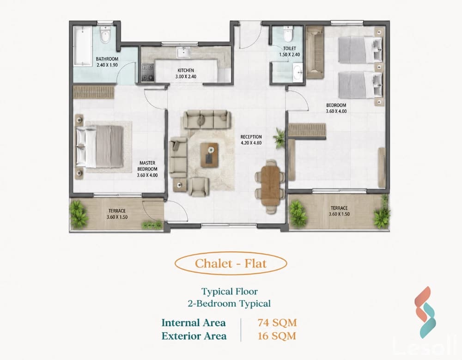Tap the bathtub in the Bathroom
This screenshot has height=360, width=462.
[83, 46]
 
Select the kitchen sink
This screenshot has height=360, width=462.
[183, 53]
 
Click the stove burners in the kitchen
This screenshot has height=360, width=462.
[148, 73]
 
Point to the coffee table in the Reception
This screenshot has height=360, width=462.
[209, 155]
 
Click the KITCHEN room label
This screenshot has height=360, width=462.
[186, 70]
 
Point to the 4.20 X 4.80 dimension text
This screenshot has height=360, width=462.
[251, 143]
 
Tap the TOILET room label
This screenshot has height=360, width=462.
[289, 49]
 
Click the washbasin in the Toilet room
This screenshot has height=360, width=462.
[298, 73]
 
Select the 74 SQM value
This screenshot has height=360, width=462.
[277, 323]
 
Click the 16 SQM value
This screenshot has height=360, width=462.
[277, 336]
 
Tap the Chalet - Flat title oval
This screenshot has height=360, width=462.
[231, 263]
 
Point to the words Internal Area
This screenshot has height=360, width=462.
[194, 323]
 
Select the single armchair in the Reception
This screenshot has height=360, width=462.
[199, 187]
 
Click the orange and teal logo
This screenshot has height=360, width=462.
[425, 312]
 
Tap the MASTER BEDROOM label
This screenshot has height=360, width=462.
[147, 166]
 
